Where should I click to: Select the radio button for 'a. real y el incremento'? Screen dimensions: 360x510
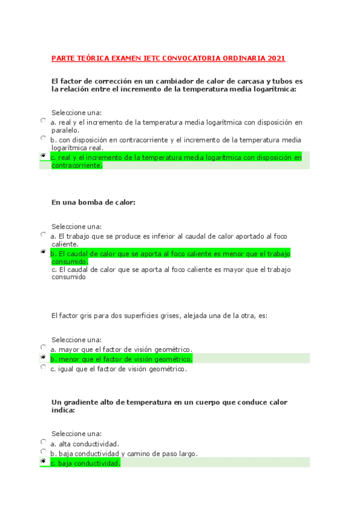[x=43, y=120]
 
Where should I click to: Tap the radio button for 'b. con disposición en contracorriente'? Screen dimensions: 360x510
[x=43, y=138]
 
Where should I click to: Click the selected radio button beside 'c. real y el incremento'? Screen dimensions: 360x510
[x=43, y=155]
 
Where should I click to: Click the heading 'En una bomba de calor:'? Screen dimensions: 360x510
[x=94, y=203]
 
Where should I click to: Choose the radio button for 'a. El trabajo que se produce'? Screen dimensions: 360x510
[x=43, y=235]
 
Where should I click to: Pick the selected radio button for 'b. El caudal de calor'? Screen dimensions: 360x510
[x=43, y=252]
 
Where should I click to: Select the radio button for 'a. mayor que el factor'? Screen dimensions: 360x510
[x=43, y=347]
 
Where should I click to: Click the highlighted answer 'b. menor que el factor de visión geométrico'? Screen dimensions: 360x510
[x=121, y=359]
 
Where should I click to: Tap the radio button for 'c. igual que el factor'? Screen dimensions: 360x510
[x=43, y=367]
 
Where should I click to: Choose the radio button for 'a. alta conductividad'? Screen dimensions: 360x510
[x=43, y=442]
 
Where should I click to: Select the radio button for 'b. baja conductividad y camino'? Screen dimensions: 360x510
[x=43, y=451]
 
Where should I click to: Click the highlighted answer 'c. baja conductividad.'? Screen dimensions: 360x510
[x=85, y=463]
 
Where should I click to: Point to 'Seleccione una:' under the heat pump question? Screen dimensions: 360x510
[x=76, y=227]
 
